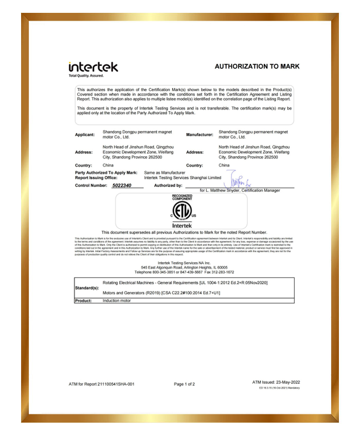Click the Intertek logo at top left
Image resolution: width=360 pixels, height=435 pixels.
point(93,68)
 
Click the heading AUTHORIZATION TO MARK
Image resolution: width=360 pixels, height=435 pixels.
point(257,66)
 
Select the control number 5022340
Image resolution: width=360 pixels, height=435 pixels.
point(122,185)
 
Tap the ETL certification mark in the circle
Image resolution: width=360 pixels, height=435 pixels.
point(182,211)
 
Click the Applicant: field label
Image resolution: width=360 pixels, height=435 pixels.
point(85,135)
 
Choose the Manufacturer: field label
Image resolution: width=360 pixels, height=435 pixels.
point(200,135)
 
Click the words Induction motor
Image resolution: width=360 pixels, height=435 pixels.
point(117,300)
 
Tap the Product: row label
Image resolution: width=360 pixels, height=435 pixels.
point(83,300)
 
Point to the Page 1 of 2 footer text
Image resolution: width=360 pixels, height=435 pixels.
point(184,384)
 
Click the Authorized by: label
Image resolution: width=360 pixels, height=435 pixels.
point(168,185)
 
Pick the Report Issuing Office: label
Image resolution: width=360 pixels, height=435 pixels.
point(96,177)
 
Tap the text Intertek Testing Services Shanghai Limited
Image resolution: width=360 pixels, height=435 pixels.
point(183,177)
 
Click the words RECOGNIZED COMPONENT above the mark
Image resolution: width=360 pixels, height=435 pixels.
point(182,197)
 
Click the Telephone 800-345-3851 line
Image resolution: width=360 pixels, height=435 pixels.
point(184,272)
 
